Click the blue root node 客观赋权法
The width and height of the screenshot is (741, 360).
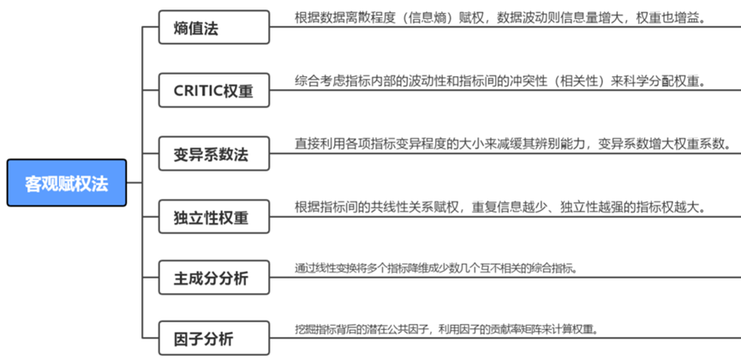(67, 183)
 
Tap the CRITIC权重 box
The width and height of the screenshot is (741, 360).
(214, 90)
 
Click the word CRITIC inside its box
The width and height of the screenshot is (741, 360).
(198, 90)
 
